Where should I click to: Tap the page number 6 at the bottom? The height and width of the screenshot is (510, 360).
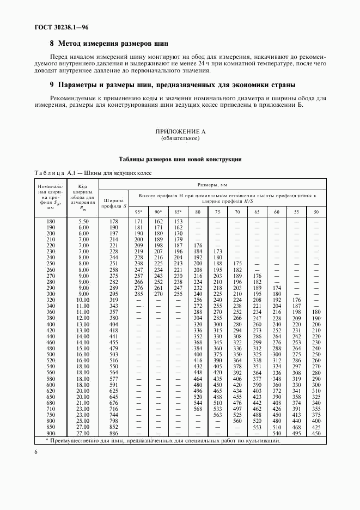tap(36, 452)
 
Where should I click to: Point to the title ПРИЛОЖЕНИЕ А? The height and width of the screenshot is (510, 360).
tap(180, 132)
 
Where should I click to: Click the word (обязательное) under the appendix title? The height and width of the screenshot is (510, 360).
tap(180, 138)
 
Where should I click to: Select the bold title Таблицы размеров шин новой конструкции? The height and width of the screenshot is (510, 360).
tap(180, 159)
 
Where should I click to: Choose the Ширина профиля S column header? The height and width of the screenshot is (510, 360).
tap(113, 202)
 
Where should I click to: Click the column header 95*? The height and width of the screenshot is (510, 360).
tap(138, 211)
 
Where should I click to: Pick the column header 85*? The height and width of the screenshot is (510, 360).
tap(178, 211)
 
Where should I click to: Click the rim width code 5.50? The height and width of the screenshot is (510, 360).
tap(83, 221)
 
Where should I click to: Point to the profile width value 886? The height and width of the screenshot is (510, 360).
tap(113, 433)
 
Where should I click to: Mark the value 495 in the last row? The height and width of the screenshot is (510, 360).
tap(297, 433)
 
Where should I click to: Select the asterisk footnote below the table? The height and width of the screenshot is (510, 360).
tap(163, 441)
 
